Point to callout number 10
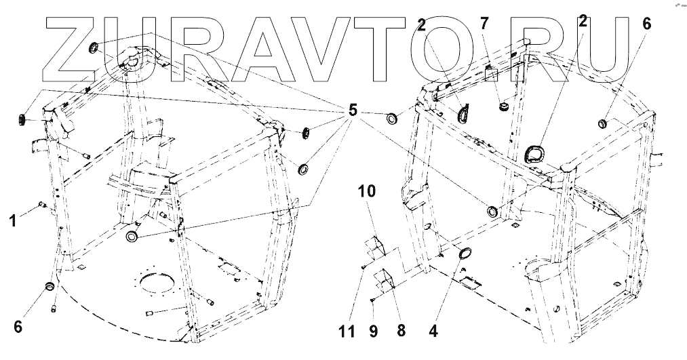coord(366,191)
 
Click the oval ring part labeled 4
coord(466,254)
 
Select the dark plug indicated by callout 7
coord(504,106)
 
